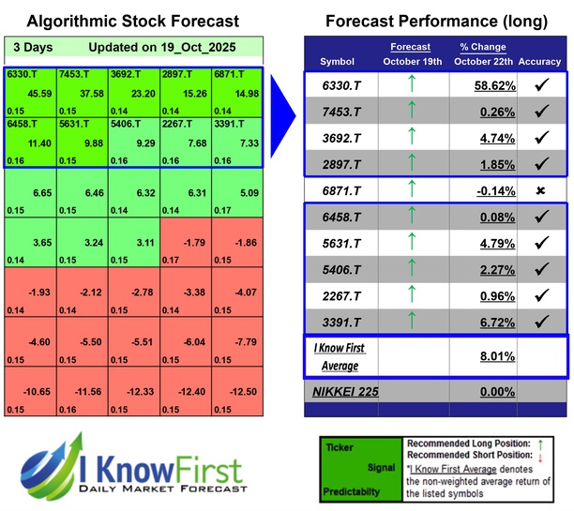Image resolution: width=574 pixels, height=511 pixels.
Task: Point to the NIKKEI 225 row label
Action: tap(344, 392)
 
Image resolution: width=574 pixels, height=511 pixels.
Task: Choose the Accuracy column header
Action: tap(539, 61)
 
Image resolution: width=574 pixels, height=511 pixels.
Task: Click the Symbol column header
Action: tap(338, 61)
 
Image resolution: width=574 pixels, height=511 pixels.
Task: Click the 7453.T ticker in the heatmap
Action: tap(74, 74)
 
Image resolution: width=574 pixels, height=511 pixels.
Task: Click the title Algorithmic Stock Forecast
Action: tap(133, 21)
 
